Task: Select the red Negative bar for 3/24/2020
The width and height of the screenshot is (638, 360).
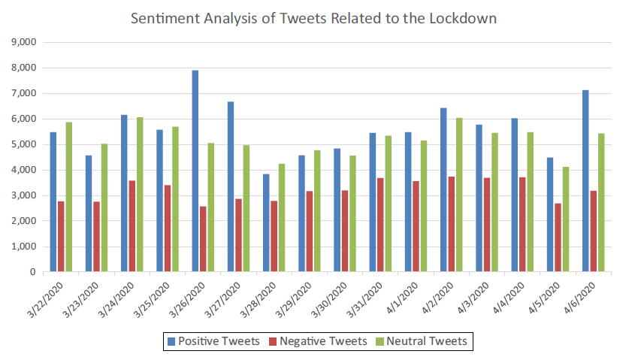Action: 132,226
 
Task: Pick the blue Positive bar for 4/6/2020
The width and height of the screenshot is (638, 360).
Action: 585,181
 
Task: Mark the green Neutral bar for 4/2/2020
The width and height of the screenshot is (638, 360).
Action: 459,195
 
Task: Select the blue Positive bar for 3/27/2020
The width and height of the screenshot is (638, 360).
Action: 231,187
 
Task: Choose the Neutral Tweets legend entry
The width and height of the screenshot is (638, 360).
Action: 425,341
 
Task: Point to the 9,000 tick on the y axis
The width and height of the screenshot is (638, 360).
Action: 25,43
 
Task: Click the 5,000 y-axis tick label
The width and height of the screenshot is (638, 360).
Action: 25,144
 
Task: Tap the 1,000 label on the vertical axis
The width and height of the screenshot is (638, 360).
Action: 25,247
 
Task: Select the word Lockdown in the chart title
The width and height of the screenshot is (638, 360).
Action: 462,18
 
